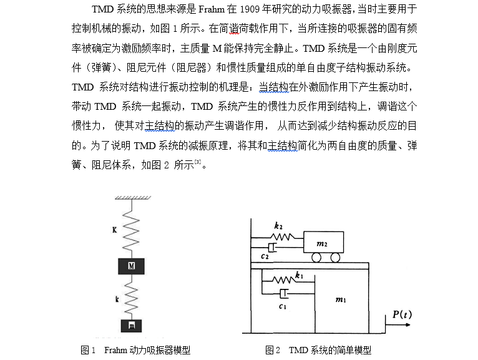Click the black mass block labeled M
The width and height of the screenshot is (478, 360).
[131, 266]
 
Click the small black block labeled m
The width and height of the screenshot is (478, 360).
[131, 326]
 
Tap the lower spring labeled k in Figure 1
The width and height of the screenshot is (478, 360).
[131, 298]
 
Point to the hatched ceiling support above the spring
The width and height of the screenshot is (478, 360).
[131, 198]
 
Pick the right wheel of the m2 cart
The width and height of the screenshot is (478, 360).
[335, 258]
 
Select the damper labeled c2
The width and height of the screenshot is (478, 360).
[273, 248]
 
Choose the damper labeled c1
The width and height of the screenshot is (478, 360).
[285, 294]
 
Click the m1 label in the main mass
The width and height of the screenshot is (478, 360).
[341, 300]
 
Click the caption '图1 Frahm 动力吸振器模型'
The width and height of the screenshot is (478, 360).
[135, 350]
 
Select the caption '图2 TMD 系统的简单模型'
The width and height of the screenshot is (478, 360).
[318, 350]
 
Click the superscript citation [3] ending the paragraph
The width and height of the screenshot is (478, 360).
[197, 163]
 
